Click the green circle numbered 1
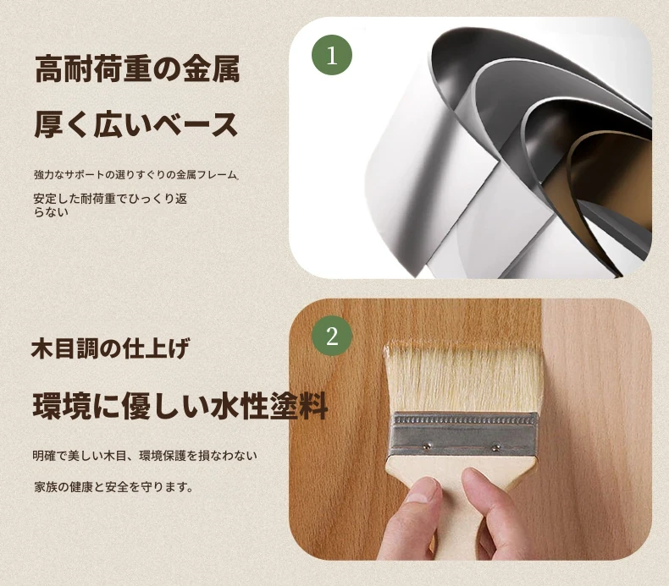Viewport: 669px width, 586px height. point(332,55)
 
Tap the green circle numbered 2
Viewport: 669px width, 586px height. point(332,336)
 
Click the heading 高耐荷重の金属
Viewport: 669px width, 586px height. point(137,68)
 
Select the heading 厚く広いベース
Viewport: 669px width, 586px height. point(136,125)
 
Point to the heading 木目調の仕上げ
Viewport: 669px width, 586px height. point(110,348)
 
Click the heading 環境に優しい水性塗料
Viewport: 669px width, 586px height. point(180,406)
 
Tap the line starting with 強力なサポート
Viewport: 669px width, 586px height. point(136,175)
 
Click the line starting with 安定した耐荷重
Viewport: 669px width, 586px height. point(110,199)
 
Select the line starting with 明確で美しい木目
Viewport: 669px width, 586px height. point(145,456)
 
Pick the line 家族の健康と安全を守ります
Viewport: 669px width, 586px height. point(113,487)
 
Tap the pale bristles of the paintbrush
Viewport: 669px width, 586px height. point(464,379)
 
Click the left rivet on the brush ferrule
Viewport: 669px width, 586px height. point(427,446)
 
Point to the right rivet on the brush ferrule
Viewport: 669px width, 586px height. point(495,447)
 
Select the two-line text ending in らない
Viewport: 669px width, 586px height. point(110,205)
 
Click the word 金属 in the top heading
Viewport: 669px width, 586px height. point(212,68)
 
